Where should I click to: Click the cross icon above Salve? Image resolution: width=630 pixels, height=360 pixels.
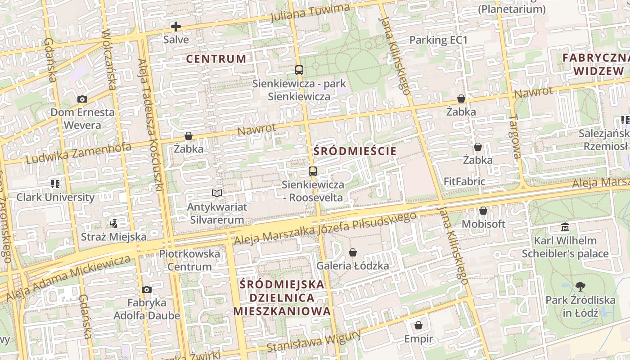point(176,27)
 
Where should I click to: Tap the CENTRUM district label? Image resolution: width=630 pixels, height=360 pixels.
point(216,58)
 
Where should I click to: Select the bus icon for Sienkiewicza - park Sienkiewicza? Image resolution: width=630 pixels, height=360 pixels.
point(299,70)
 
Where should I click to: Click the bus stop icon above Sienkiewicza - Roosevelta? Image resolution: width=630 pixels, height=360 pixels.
point(313,171)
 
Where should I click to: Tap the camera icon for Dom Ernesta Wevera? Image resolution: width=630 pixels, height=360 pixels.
point(82,99)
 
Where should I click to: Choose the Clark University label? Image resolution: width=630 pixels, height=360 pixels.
point(55,197)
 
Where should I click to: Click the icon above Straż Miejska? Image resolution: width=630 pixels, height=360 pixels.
point(113,223)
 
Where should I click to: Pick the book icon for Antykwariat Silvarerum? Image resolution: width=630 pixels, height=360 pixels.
point(217,193)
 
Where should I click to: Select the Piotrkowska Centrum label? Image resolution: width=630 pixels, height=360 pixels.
point(189,260)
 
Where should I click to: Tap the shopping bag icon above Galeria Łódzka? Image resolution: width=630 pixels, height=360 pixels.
point(353,252)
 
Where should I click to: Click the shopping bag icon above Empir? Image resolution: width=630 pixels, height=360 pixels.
point(418,325)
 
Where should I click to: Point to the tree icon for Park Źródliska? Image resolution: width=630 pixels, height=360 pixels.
point(580,286)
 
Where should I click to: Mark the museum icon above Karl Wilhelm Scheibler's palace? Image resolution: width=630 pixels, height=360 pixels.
point(565,227)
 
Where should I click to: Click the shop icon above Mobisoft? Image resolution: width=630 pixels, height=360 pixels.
point(483,211)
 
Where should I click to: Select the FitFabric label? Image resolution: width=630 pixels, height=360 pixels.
point(464,182)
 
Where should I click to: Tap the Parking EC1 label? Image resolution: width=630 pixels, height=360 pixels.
point(438,40)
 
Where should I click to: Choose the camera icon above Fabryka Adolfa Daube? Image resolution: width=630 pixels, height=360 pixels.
point(146,289)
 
